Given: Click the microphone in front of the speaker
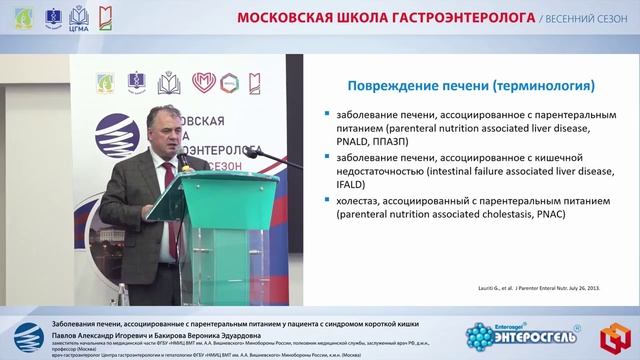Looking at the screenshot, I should click(183, 160).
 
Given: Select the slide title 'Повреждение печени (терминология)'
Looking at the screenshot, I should click(459, 86).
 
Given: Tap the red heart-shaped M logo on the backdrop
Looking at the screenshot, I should click(204, 83).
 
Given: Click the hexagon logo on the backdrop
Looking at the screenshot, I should click(230, 83).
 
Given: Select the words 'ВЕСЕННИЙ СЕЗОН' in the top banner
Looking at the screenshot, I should click(580, 18).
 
